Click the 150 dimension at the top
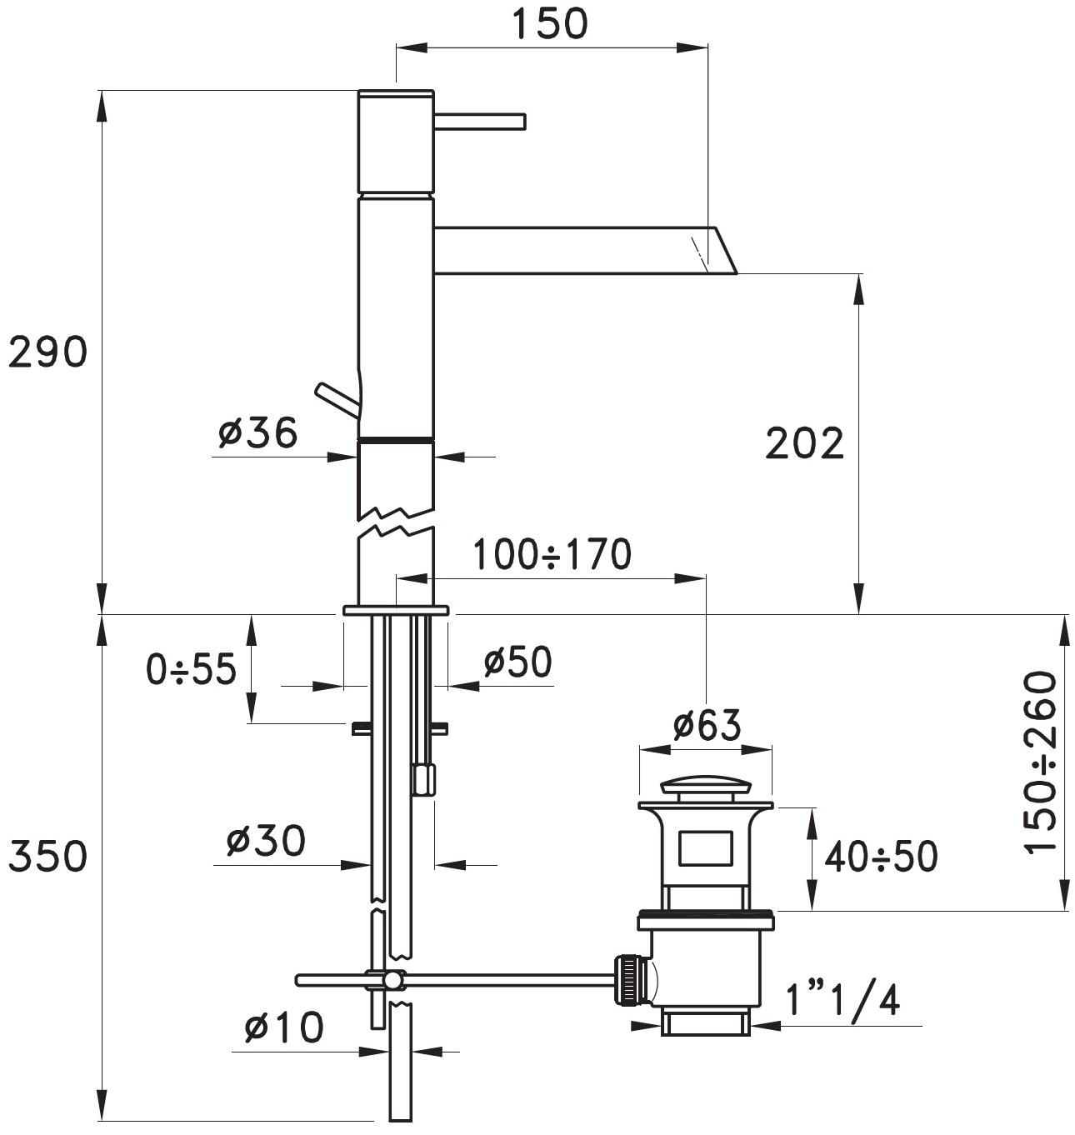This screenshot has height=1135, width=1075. point(550,23)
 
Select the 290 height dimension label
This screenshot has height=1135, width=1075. point(47,352)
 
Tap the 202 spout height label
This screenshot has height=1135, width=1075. point(804,443)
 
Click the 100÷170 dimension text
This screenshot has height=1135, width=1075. point(552,554)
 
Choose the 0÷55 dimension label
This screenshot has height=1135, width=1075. point(191,669)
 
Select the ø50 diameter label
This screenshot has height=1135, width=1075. point(517,662)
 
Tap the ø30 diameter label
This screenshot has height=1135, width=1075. point(266,841)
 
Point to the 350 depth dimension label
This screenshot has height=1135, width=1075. point(47,856)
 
